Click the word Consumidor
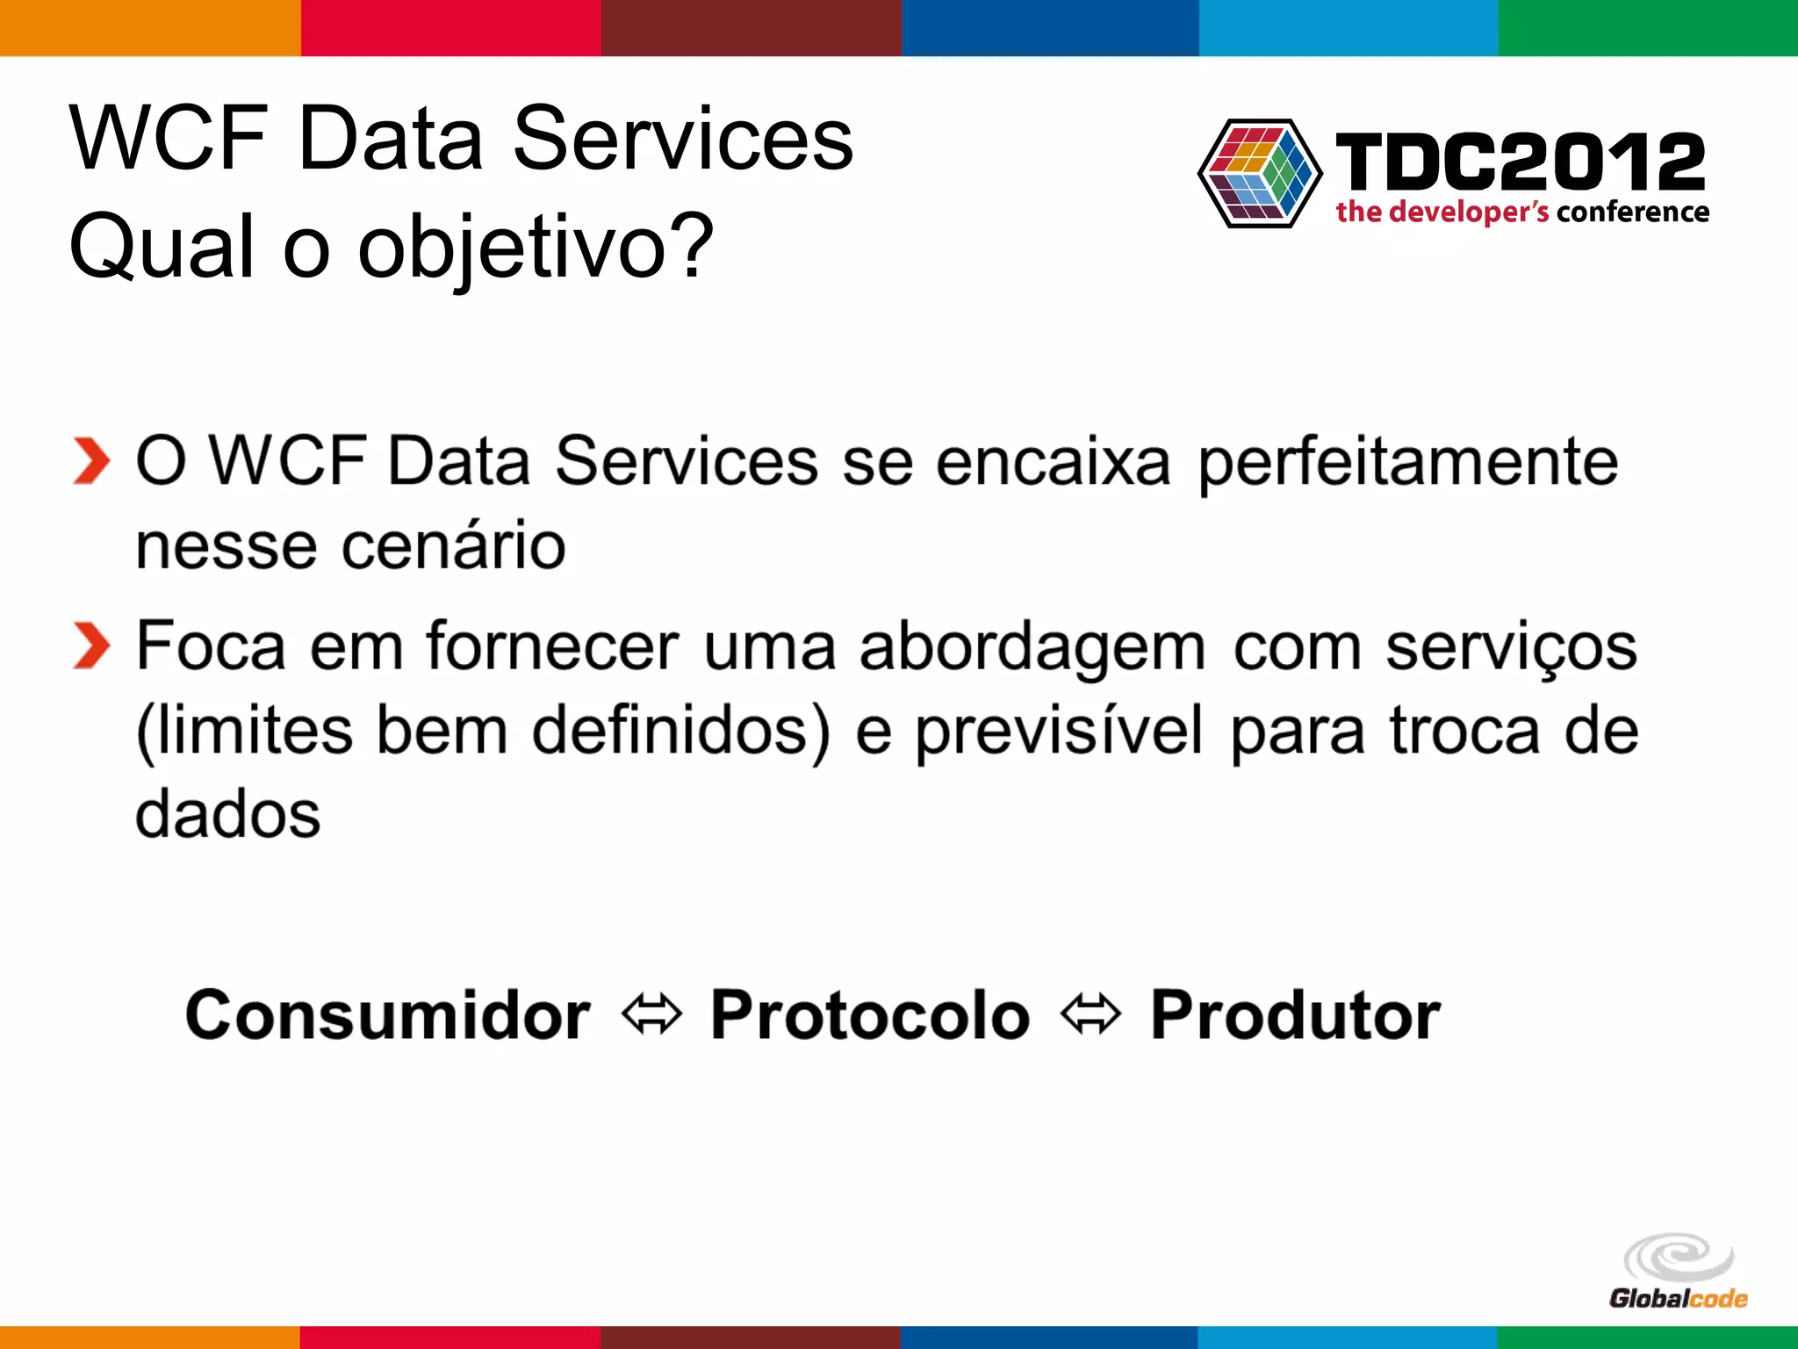point(387,1015)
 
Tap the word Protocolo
point(869,1015)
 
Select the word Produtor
point(1295,1015)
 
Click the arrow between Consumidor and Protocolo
point(651,1015)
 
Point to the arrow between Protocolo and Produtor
point(1090,1015)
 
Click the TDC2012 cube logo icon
point(1260,173)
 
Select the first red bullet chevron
point(91,461)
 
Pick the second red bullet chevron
point(91,646)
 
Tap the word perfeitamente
point(1407,462)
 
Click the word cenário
point(453,546)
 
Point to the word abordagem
point(1032,648)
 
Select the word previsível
point(1059,732)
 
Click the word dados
point(228,815)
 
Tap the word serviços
point(1511,648)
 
